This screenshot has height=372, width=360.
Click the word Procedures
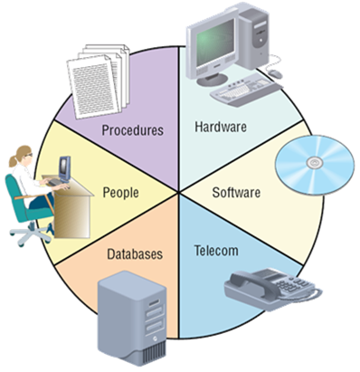click(133, 130)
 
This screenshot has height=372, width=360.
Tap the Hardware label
click(221, 127)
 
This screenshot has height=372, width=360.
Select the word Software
click(236, 193)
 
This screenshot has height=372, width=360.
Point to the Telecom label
click(216, 251)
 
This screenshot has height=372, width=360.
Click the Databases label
click(135, 254)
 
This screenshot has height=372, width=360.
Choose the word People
click(120, 193)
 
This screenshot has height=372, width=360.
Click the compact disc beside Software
click(315, 165)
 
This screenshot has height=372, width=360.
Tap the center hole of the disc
click(315, 163)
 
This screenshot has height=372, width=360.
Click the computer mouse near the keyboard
click(275, 73)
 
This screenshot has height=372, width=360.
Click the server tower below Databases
click(132, 318)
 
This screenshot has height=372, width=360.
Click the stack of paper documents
click(99, 81)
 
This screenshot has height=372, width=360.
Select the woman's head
click(23, 156)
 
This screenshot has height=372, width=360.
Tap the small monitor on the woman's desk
click(64, 168)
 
